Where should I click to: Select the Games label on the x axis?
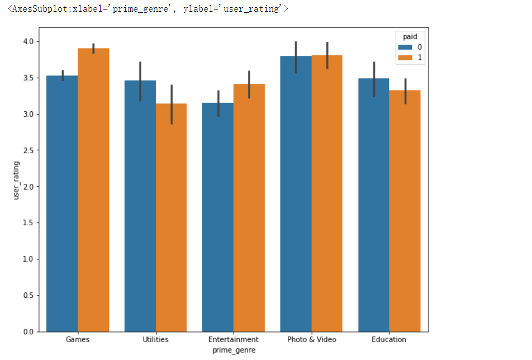coord(78,339)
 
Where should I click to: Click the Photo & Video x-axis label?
coord(311,339)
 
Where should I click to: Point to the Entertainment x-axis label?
coord(234,339)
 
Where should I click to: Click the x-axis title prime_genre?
coord(234,350)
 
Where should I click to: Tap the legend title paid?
coord(411,37)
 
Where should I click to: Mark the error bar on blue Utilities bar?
coord(140,81)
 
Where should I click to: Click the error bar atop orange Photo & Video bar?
coord(327,55)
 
